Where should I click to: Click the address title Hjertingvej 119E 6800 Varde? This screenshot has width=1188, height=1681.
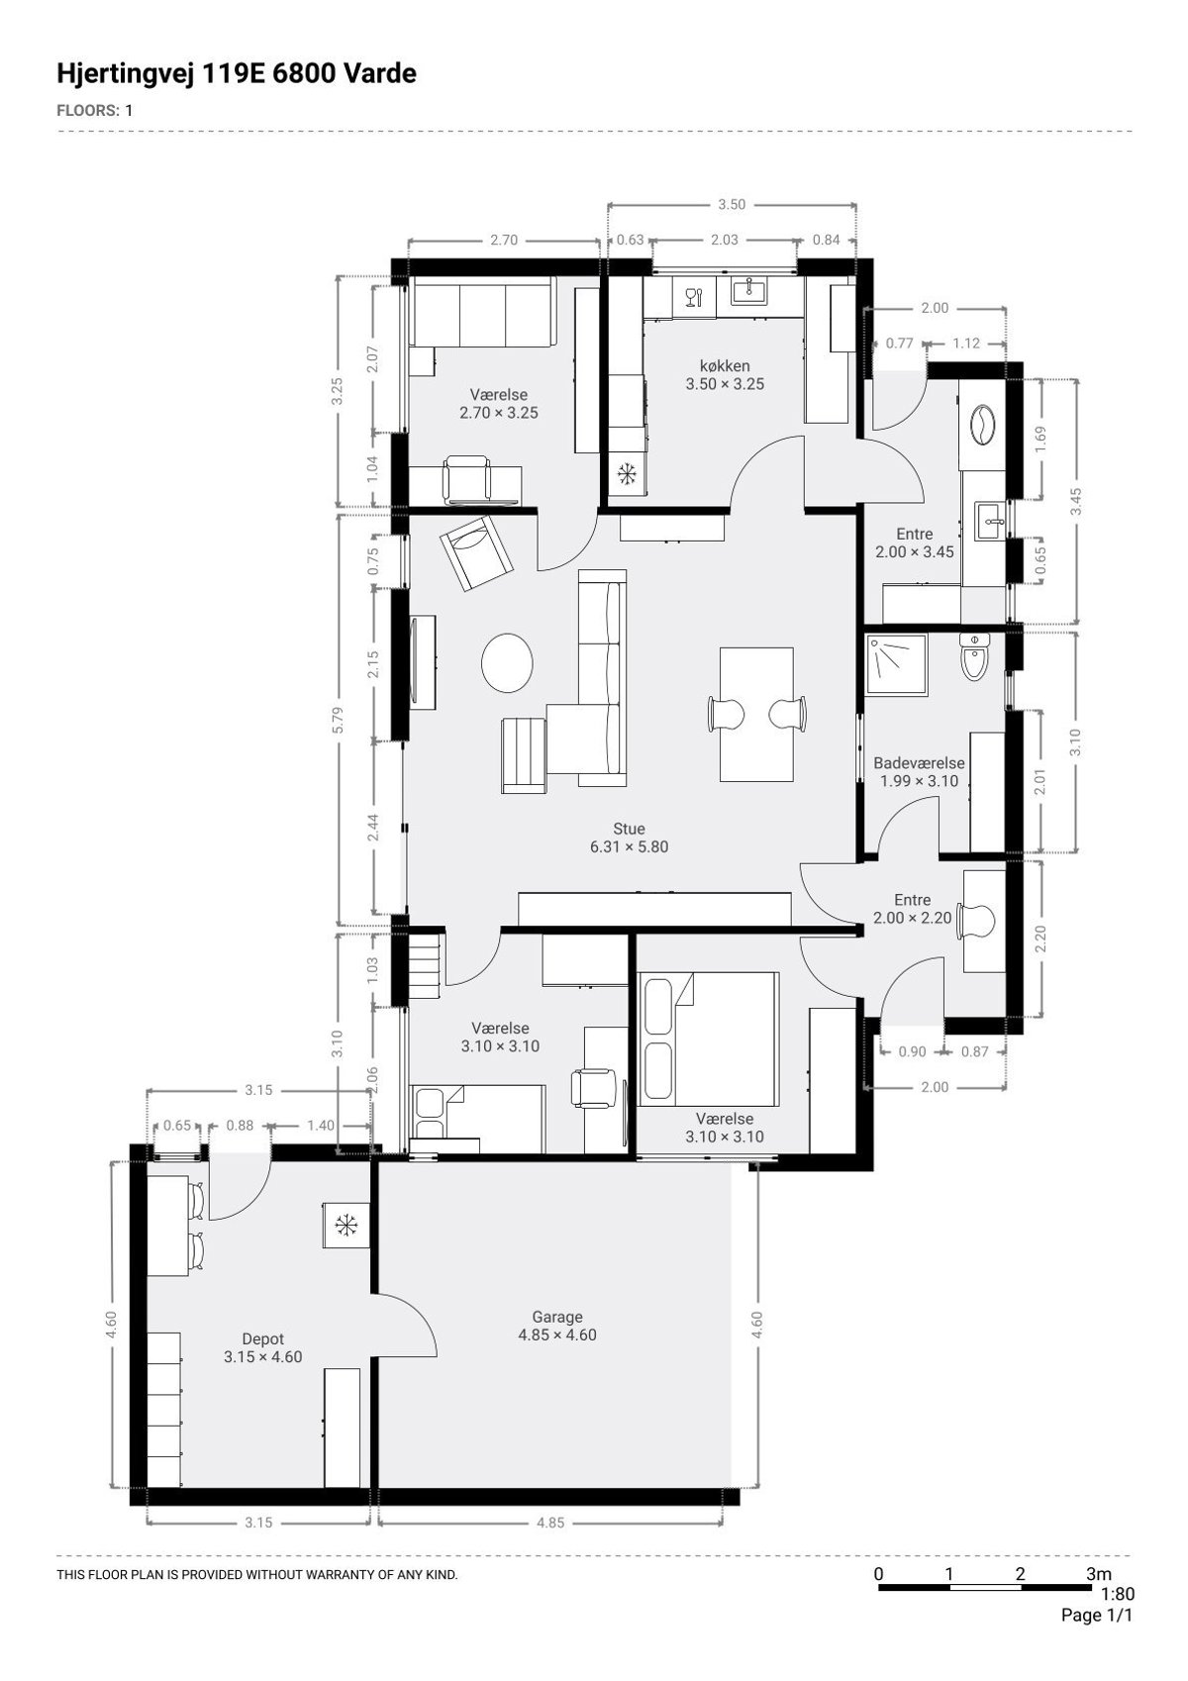point(237,73)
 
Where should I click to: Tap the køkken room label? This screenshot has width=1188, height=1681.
point(725,366)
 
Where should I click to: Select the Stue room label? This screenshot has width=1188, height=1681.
point(629,829)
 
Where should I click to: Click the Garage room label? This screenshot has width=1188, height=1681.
point(556,1317)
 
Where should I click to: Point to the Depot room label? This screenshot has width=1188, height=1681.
point(262,1338)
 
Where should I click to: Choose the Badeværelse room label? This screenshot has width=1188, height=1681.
point(919,762)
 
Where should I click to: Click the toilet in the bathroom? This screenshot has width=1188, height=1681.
point(974,656)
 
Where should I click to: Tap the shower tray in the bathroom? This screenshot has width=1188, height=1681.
point(896,663)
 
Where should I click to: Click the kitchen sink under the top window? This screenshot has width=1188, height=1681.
point(747,290)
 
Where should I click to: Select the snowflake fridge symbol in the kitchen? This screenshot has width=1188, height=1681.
point(627,473)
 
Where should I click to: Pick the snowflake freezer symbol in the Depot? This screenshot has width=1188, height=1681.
point(346,1227)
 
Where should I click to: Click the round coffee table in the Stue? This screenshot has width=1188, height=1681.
point(507,663)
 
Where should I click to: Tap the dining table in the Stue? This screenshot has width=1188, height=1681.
point(756,715)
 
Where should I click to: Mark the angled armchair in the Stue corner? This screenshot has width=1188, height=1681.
point(476,553)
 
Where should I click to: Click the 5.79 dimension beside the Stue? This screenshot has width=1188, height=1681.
point(338,721)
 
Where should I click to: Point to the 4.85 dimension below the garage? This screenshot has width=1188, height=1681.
point(550,1523)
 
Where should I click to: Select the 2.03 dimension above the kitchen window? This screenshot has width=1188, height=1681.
point(725,241)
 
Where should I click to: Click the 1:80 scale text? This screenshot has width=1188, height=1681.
point(1118,1594)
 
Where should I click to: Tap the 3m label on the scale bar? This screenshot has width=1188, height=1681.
point(1099,1574)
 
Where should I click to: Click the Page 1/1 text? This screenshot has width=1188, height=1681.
point(1097,1615)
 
